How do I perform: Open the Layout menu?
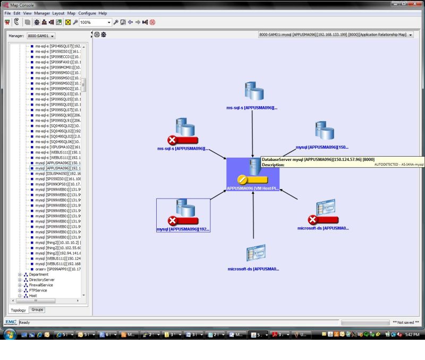[58, 13]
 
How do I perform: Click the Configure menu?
[87, 13]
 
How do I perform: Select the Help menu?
[103, 13]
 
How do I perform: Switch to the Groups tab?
[37, 310]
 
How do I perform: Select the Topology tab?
[19, 310]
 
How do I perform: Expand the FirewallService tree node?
[20, 285]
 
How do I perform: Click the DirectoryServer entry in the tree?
[41, 280]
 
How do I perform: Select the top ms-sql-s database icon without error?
[253, 91]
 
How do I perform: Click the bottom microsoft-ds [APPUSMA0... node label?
[253, 269]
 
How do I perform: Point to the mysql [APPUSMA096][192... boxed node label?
[183, 229]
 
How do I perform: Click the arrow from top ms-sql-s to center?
[253, 133]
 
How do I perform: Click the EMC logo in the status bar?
[10, 322]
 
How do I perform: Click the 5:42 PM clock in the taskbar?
[412, 335]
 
